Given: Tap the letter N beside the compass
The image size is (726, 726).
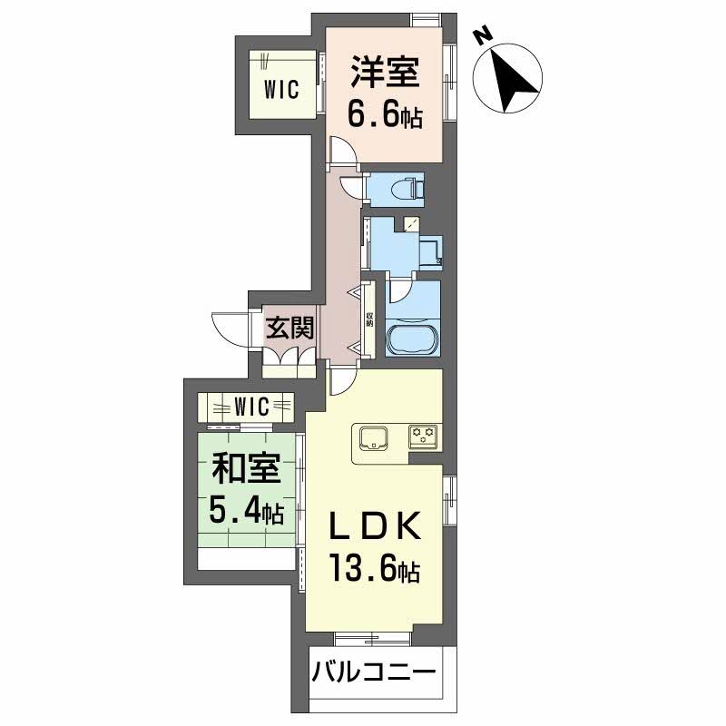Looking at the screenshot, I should point(484,34).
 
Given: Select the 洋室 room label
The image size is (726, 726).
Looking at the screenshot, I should point(385,71).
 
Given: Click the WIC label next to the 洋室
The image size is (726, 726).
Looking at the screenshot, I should point(281,89).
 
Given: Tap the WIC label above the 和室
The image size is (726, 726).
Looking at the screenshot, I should point(251,406).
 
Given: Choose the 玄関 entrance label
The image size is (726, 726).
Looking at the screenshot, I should point(289,327).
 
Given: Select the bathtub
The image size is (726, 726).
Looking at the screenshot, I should point(413,342).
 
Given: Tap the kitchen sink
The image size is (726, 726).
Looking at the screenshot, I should point(374,438).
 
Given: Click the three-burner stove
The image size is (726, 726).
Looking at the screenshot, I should point(423,437).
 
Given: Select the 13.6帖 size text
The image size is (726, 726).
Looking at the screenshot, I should point(374,572).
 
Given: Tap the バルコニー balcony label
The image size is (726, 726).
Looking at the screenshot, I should point(374,673).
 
